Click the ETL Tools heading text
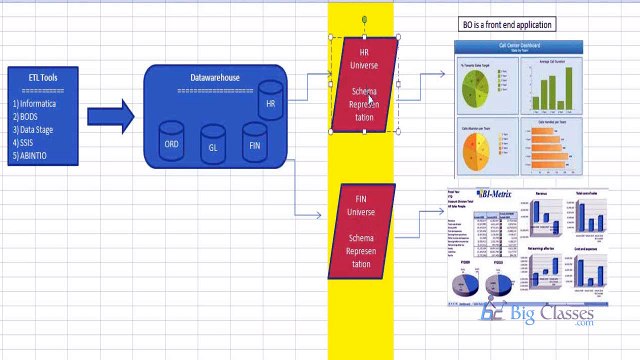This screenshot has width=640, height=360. point(36,76)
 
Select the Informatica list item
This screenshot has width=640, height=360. point(40,103)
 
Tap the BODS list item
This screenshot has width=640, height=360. point(29,116)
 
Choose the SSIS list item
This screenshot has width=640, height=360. point(28,142)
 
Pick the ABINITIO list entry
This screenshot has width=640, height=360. point(34,155)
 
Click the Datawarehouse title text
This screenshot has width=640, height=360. point(214,77)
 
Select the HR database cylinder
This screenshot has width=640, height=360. point(270,101)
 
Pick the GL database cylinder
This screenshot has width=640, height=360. point(213,145)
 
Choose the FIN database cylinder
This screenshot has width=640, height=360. point(255,143)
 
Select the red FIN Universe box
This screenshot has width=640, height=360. point(361,231)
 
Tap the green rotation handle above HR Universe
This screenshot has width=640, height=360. point(364,19)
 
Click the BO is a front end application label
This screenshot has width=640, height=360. point(507,24)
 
